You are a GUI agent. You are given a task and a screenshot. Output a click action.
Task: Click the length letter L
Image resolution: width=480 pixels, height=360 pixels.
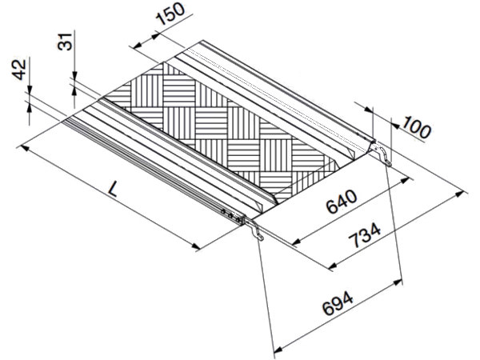pyautogui.click(x=114, y=189)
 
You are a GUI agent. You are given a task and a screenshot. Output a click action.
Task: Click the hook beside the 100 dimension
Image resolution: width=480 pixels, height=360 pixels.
pyautogui.click(x=385, y=155)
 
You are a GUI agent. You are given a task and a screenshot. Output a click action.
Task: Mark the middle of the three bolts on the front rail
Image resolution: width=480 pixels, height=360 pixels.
pyautogui.click(x=231, y=214)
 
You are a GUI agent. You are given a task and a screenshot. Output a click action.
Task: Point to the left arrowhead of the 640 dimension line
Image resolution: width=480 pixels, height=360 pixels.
pyautogui.click(x=293, y=242)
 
